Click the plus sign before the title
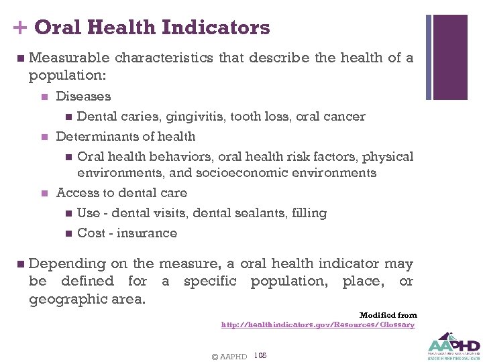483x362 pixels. point(19,28)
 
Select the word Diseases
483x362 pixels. point(83,97)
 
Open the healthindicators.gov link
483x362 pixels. point(318,324)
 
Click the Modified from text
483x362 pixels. point(388,315)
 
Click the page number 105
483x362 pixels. point(261,355)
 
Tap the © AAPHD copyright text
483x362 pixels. point(229,356)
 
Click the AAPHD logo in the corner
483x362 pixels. point(452,345)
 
